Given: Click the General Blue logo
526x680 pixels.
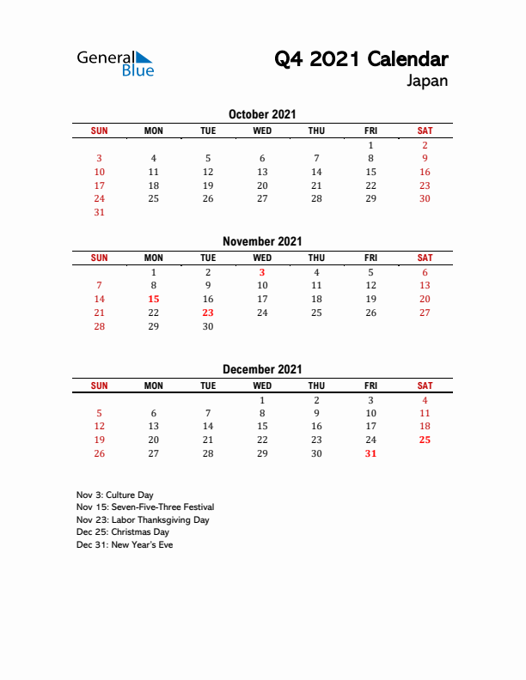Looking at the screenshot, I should click(115, 63).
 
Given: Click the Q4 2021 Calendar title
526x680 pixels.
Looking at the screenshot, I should click(361, 59).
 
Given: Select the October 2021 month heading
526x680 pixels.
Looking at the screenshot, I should click(262, 114).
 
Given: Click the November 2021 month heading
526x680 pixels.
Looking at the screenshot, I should click(262, 241).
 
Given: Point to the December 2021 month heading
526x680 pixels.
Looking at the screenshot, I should click(262, 369).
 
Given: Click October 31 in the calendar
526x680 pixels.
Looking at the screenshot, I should click(99, 213).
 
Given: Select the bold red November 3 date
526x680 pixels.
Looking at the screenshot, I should click(262, 271).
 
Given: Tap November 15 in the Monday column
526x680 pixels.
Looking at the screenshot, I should click(154, 299).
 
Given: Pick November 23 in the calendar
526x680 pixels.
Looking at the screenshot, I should click(208, 313).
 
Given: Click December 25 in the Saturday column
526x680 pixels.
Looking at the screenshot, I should click(425, 440).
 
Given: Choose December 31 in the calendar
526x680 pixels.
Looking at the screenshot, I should click(370, 453).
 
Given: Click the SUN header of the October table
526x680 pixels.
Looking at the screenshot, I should click(100, 131).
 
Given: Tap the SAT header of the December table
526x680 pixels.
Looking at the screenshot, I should click(425, 386).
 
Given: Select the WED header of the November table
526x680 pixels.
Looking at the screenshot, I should click(262, 258).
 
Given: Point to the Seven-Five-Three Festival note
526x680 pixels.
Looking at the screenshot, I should click(144, 507).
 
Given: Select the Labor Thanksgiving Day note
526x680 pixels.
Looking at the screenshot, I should click(143, 519).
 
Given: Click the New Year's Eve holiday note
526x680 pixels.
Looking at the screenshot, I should click(124, 544).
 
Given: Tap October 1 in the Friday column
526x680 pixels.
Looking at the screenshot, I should click(370, 145).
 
